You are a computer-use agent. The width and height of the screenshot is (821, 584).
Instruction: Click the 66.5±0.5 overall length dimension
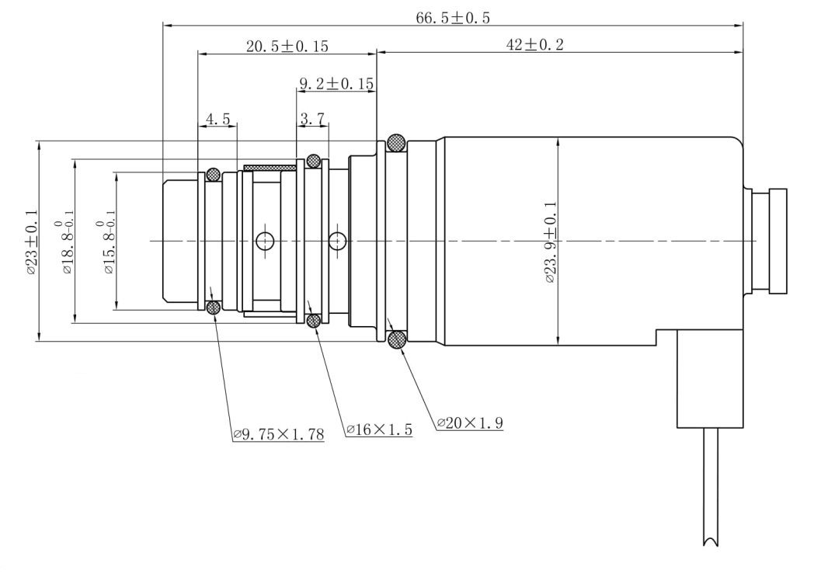[453, 18]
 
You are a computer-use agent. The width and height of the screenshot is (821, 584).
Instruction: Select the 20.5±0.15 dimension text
[287, 46]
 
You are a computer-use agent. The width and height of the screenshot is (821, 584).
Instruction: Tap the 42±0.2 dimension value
[534, 44]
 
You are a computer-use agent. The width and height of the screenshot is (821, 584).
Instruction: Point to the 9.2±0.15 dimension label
[336, 83]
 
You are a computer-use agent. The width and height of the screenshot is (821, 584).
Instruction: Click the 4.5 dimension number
[217, 119]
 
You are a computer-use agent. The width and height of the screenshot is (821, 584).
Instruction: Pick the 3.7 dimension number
[312, 119]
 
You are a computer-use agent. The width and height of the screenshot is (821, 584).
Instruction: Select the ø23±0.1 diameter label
[31, 242]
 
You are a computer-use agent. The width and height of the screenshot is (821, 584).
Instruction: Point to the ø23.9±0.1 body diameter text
[550, 242]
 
